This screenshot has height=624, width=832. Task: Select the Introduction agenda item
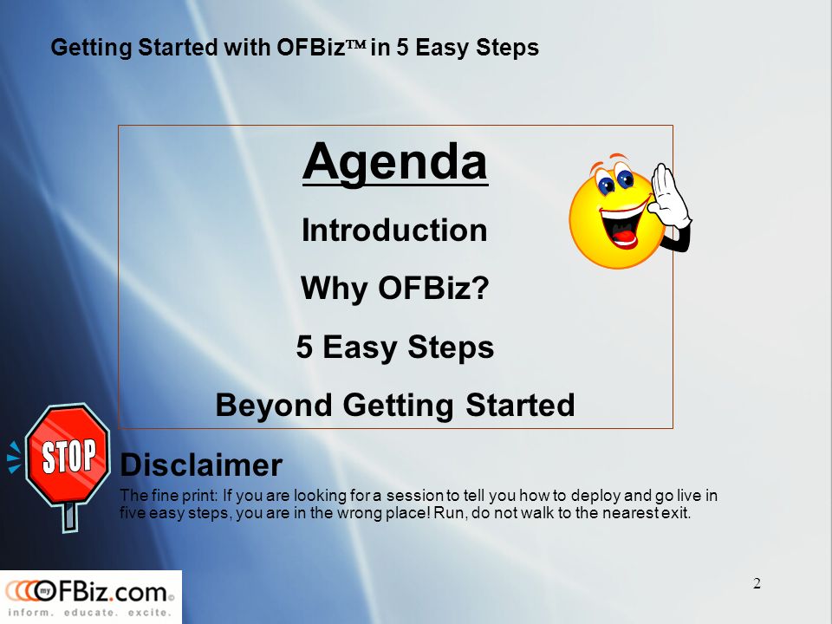click(394, 231)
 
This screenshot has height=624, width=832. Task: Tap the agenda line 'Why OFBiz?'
click(395, 289)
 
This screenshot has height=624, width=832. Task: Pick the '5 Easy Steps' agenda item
click(395, 348)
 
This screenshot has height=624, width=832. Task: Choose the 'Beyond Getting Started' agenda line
click(395, 406)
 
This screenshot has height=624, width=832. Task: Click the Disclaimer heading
click(201, 465)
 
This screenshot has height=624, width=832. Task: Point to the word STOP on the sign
click(69, 456)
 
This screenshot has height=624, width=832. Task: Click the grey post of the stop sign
click(69, 517)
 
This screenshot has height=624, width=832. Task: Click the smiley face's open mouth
click(622, 225)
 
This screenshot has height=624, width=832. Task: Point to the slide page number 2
click(757, 583)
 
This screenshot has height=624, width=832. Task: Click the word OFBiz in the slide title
click(311, 48)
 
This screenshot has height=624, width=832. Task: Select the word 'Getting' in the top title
click(91, 48)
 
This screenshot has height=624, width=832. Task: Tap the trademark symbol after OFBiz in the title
click(356, 45)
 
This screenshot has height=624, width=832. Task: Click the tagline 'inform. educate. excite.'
click(89, 613)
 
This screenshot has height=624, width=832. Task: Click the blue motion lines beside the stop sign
click(14, 458)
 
